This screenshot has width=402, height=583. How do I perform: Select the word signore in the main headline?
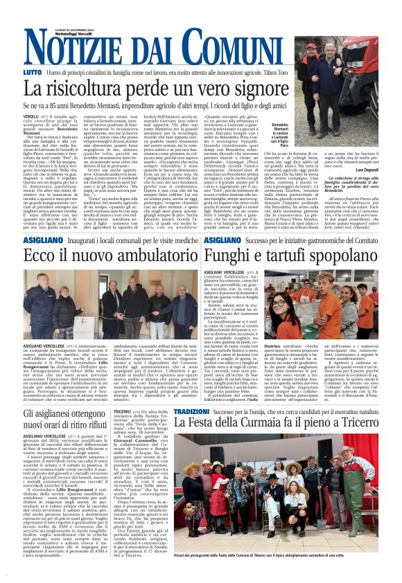point(243,88)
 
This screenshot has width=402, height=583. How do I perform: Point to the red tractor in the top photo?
point(319,83)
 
